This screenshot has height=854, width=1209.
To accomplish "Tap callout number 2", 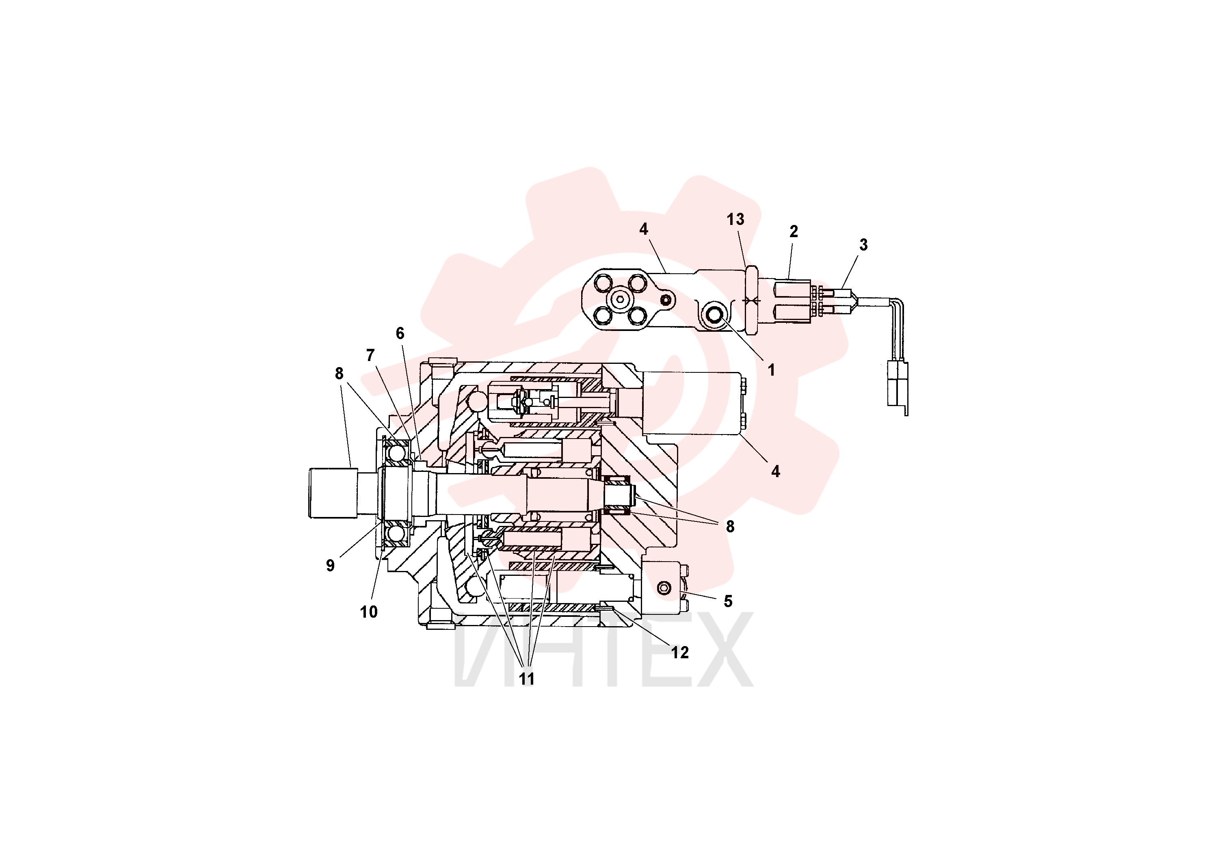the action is tap(794, 231).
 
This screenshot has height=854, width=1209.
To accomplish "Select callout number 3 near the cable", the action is tap(863, 245).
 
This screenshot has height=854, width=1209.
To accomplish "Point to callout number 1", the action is tap(772, 370).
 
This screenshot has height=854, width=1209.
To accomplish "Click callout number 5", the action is tap(728, 601).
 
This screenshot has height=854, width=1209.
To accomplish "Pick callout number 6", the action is tap(400, 333).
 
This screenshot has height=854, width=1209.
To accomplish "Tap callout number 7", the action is tap(370, 355).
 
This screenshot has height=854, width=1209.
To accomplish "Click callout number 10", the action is tap(369, 612).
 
